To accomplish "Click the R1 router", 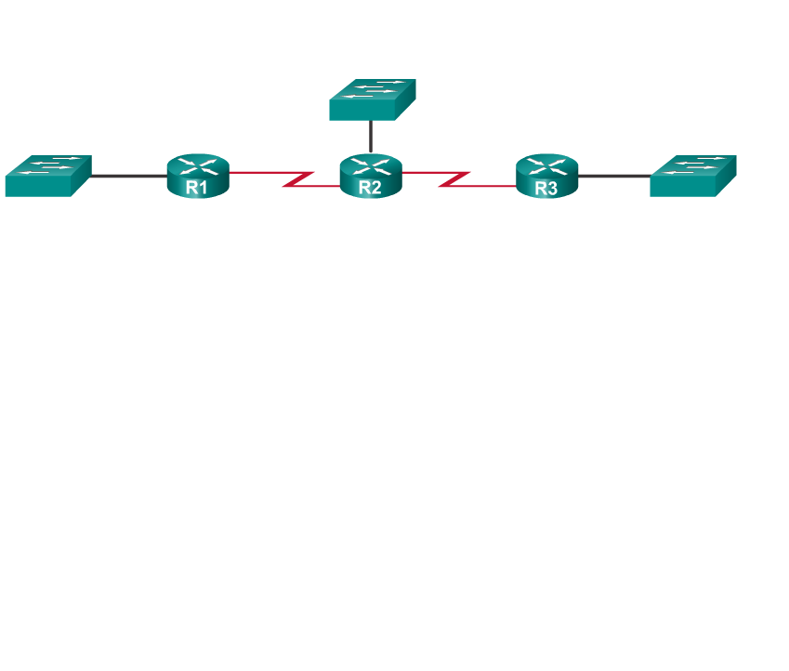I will tap(198, 176).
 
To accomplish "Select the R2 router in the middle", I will tap(371, 176).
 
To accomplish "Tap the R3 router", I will tap(547, 176).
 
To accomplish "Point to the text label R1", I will tap(197, 187).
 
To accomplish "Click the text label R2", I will tap(370, 187).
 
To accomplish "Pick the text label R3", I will tap(546, 187).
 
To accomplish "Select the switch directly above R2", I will tap(372, 99).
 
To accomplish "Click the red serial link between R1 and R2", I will tap(256, 173).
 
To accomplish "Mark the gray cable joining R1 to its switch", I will tap(128, 176).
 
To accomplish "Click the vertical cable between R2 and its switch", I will tap(371, 137).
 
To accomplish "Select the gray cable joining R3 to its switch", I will tap(613, 176).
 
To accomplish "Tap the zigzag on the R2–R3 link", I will tap(454, 178).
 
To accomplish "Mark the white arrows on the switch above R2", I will tap(374, 89).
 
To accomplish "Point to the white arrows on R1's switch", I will tap(51, 164).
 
